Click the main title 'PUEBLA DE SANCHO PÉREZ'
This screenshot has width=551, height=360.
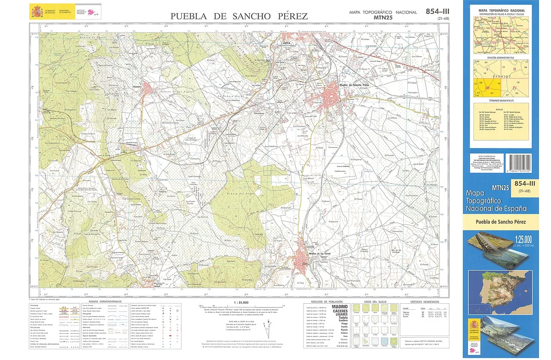[239, 16]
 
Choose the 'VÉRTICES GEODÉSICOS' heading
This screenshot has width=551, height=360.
[424, 302]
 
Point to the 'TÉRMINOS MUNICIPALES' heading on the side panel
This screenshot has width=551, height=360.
[500, 100]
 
